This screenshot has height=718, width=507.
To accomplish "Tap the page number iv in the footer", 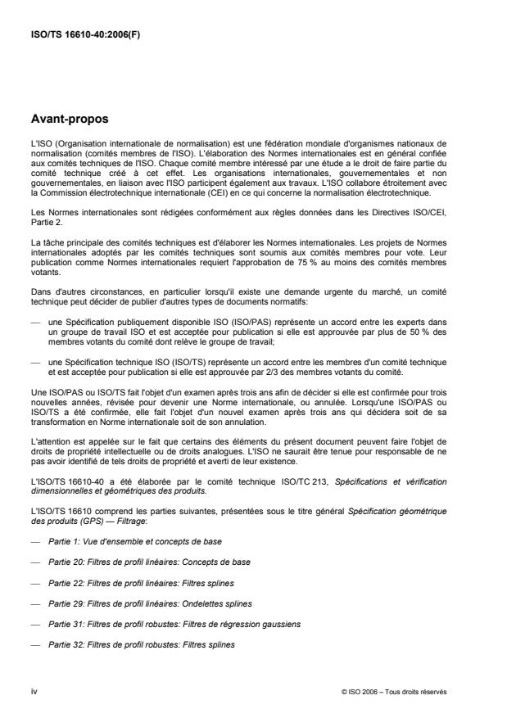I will point(33,691).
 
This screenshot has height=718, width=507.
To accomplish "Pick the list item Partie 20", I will point(150,562).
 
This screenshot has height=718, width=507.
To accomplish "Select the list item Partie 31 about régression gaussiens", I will point(174,624).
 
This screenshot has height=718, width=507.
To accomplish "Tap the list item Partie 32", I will point(142,644).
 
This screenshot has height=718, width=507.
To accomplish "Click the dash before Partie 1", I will point(35,542).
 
